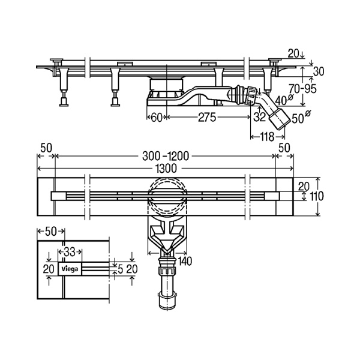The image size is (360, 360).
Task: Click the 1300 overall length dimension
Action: point(166,168)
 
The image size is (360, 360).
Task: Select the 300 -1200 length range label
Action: point(166,156)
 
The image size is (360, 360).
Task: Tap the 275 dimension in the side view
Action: point(207,118)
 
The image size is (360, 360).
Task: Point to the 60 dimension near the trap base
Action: point(157,118)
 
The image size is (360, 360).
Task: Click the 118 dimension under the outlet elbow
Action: point(267,137)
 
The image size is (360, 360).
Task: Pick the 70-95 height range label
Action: point(302,88)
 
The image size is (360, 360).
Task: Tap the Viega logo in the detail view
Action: point(70,269)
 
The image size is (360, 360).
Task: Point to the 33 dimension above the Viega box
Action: point(70,252)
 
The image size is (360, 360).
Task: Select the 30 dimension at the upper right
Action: point(319,71)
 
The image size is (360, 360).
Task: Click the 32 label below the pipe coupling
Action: point(260,117)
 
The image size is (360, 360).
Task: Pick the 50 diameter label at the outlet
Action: point(301,118)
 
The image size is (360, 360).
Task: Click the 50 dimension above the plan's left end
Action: point(46,148)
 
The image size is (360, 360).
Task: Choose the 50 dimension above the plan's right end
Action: point(284,148)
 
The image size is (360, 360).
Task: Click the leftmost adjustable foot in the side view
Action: point(64,99)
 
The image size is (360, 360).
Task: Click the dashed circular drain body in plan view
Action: point(167,195)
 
